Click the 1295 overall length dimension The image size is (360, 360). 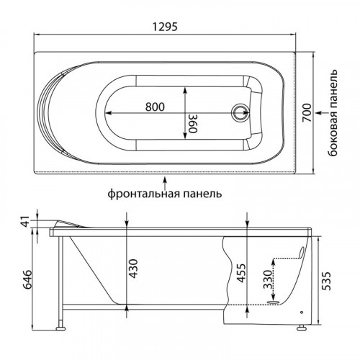166,27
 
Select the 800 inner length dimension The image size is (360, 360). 155,107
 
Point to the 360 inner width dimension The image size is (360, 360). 192,123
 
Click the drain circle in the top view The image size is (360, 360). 240,112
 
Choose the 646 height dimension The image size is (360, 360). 27,279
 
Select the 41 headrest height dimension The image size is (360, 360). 26,221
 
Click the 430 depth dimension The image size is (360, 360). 133,269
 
